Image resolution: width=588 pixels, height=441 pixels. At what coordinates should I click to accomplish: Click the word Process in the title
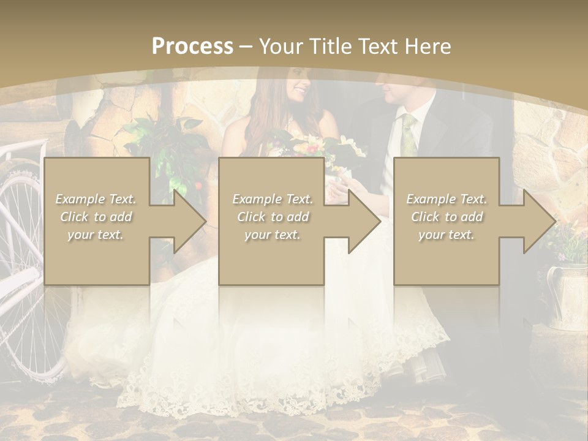click(x=192, y=46)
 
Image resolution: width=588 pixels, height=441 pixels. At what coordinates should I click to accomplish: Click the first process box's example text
click(x=96, y=217)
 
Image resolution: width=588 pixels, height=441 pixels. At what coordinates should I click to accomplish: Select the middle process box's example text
click(x=273, y=217)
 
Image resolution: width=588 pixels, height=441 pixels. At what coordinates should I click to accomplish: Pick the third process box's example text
click(x=447, y=217)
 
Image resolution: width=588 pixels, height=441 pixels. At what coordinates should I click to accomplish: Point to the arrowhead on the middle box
click(x=363, y=221)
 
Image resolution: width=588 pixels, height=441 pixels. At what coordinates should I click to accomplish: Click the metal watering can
click(x=567, y=294)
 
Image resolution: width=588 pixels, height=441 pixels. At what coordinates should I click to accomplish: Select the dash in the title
click(x=246, y=47)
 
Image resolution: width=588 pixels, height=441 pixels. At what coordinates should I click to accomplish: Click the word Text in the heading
click(x=374, y=46)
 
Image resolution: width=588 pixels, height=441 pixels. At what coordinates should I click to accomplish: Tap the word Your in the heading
click(x=279, y=46)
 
